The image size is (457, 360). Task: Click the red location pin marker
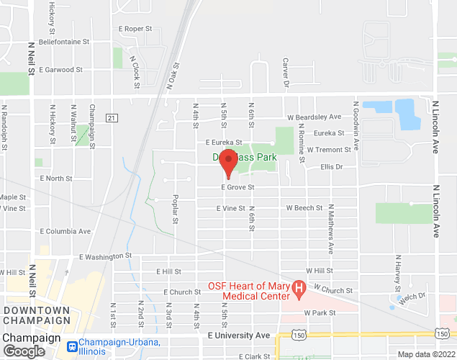(x=228, y=163)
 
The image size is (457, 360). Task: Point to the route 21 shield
(x=111, y=117)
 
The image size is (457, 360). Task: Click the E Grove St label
(x=237, y=186)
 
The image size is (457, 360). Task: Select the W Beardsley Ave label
(x=314, y=117)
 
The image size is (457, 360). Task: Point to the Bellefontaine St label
(x=64, y=42)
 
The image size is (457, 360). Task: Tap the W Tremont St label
(x=328, y=150)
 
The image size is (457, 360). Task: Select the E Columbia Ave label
(x=65, y=231)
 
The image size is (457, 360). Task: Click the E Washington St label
(x=106, y=255)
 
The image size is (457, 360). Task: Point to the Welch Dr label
(x=413, y=295)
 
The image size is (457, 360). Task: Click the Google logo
(x=23, y=351)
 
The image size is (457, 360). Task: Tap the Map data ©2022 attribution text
(x=425, y=354)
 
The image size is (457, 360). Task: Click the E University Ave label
(x=238, y=336)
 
